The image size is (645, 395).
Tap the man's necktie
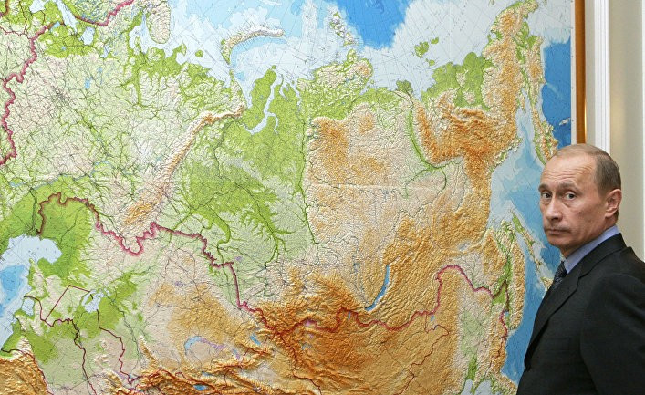coord(558,273)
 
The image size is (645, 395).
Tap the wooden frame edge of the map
coord(579,73)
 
